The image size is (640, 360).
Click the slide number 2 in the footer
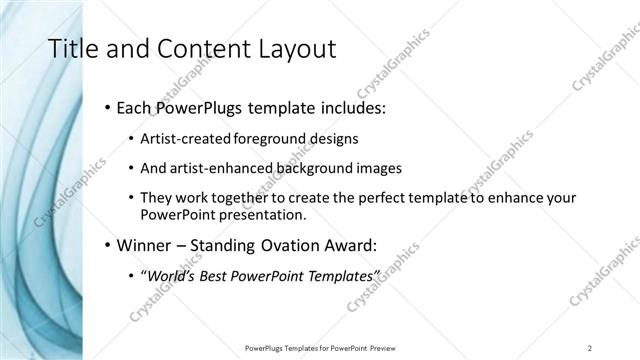point(590,348)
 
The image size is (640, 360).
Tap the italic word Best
point(217,275)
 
